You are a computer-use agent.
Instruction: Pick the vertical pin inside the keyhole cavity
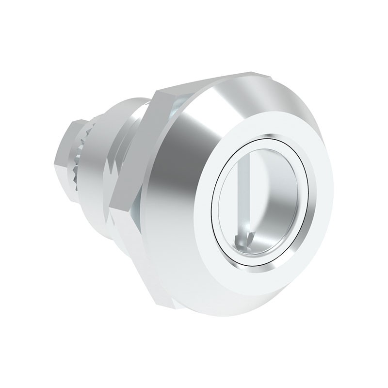244,194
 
